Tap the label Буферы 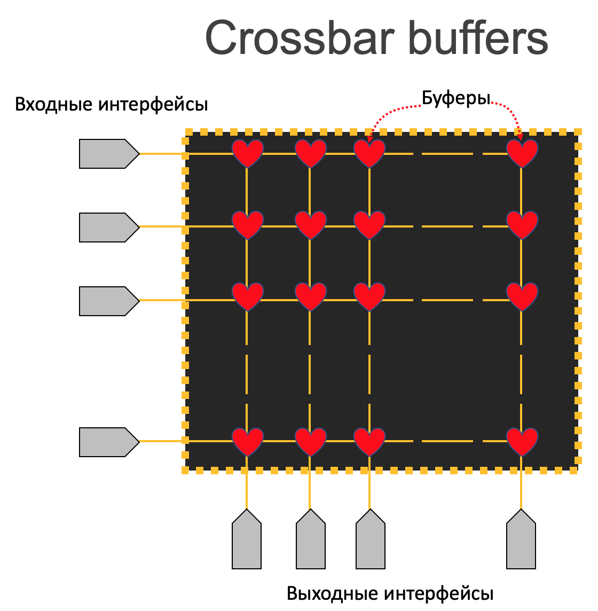point(456,98)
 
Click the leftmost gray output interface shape point(247,540)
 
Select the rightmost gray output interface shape point(521,540)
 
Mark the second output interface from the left point(311,540)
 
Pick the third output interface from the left point(371,540)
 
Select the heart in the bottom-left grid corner point(247,441)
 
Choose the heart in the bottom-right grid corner point(522,441)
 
